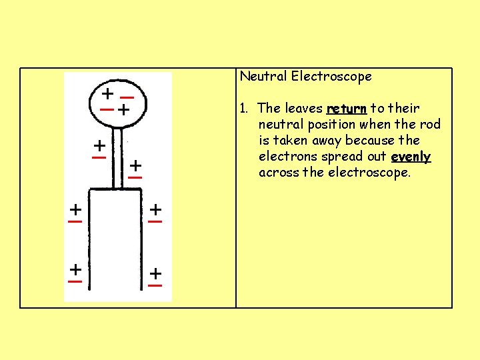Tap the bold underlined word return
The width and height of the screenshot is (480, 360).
[x=346, y=108]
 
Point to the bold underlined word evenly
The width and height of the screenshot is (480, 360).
[x=411, y=157]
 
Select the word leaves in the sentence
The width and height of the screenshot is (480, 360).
[x=303, y=108]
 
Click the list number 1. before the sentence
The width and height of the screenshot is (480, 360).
[x=245, y=108]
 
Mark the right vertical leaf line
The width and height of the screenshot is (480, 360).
[x=142, y=240]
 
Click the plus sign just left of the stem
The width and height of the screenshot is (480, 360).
[x=99, y=145]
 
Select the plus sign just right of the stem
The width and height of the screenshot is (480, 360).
[x=135, y=164]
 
